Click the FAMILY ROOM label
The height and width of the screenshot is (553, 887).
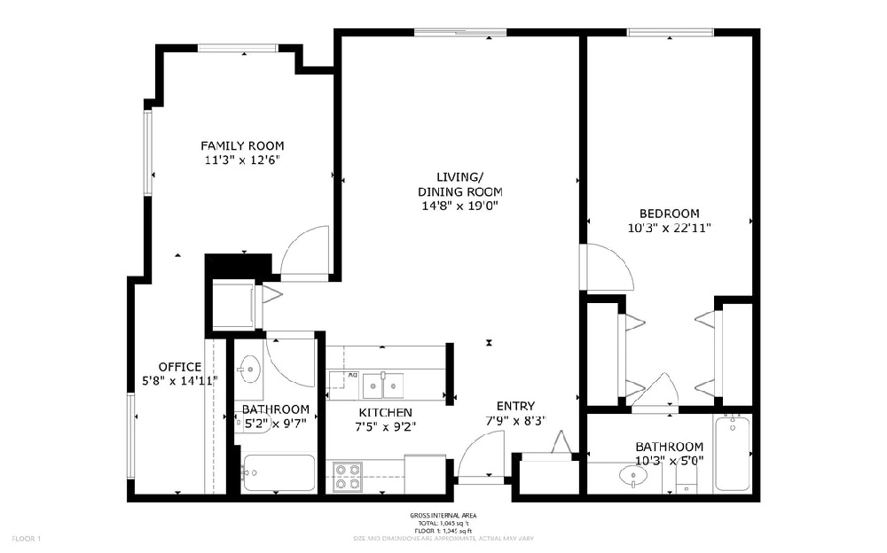[x=242, y=145]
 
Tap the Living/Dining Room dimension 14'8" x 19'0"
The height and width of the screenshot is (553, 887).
[x=459, y=206]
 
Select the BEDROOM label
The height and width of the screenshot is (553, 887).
[x=670, y=214]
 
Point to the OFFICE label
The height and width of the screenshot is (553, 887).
[x=180, y=367]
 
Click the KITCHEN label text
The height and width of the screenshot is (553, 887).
[x=385, y=413]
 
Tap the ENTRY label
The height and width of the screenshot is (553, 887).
[x=515, y=406]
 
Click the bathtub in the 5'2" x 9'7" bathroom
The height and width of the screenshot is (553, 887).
[x=278, y=473]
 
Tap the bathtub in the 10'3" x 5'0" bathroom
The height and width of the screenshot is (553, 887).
[x=733, y=453]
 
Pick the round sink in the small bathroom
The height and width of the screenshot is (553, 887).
[x=250, y=367]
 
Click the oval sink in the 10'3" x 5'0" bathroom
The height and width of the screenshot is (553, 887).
[x=632, y=477]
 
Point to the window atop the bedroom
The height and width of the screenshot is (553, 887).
[x=671, y=33]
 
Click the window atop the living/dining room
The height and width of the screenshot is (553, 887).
[x=459, y=33]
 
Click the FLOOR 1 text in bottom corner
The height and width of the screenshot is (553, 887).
[x=27, y=538]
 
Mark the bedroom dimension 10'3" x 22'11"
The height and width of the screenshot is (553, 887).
[x=670, y=228]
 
